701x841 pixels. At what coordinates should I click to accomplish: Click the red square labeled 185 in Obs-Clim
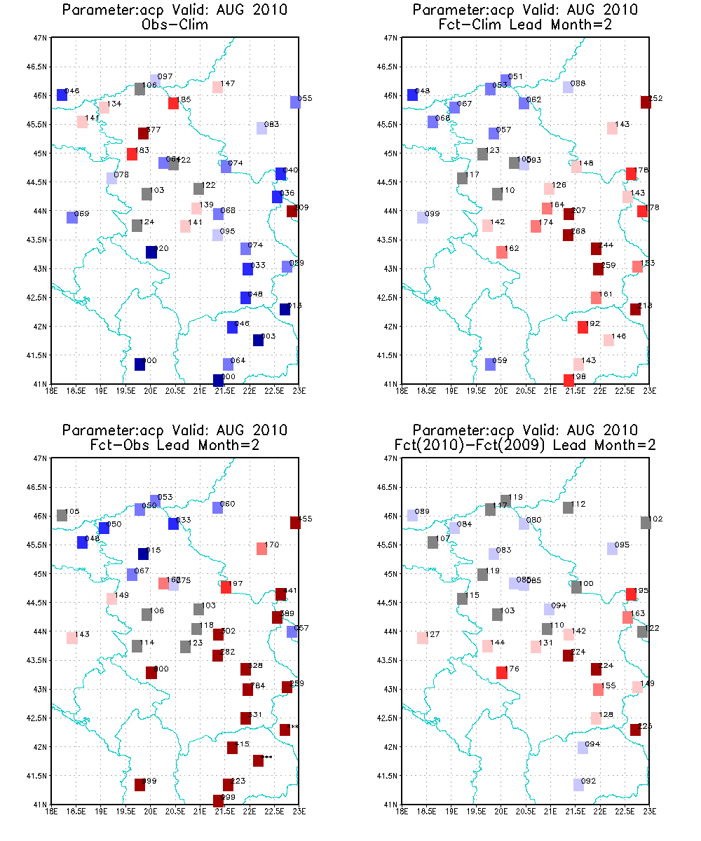[173, 103]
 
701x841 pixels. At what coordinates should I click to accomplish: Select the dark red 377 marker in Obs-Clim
[143, 133]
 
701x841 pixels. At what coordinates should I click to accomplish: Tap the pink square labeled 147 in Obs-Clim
[217, 88]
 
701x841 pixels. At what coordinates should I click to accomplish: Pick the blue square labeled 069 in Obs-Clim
[72, 217]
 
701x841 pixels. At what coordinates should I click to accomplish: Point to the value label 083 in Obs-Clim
[271, 124]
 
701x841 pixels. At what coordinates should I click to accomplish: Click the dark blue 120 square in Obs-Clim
[151, 252]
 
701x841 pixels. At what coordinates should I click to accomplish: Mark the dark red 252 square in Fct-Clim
[646, 102]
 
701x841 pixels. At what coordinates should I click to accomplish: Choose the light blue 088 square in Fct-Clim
[568, 88]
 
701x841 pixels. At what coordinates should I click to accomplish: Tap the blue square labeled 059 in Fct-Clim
[490, 364]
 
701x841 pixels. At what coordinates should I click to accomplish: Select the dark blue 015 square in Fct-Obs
[143, 554]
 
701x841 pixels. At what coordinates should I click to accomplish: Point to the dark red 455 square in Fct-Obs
[295, 522]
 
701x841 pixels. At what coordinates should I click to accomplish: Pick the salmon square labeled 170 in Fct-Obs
[261, 549]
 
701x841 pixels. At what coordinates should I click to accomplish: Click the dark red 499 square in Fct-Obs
[139, 785]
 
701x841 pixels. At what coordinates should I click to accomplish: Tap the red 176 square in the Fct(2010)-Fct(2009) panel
[501, 673]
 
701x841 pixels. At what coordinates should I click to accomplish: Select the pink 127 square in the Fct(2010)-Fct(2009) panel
[422, 638]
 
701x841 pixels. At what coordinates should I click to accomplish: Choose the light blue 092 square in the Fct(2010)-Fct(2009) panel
[578, 785]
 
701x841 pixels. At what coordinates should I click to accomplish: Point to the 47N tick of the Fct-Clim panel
[392, 38]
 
